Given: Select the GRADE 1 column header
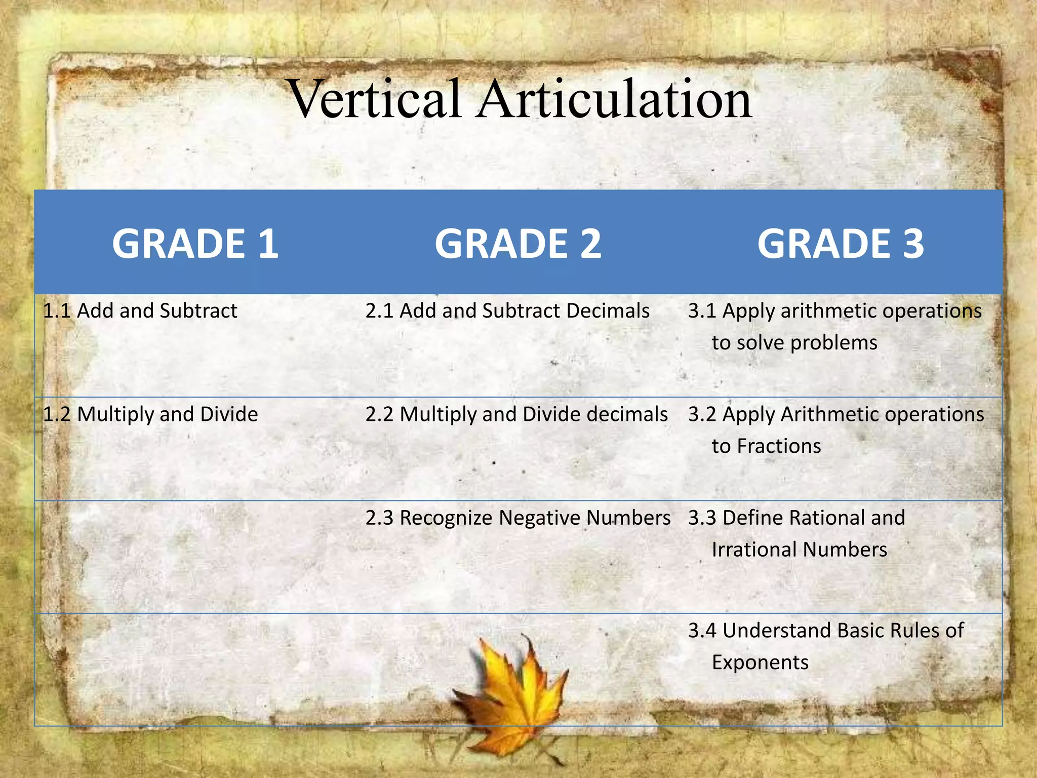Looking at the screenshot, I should point(195,244).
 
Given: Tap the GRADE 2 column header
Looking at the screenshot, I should point(517,244).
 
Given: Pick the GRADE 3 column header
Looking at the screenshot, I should point(841,244).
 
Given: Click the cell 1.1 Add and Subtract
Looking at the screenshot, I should point(140,310).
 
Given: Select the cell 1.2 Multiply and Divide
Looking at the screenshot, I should point(150,414).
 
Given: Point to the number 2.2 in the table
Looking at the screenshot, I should point(379,414).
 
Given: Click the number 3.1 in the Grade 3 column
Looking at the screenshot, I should point(702,310).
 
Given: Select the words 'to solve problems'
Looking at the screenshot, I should point(794,343).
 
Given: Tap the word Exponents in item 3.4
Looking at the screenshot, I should point(760,663).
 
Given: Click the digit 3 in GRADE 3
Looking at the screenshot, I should point(913,244).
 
